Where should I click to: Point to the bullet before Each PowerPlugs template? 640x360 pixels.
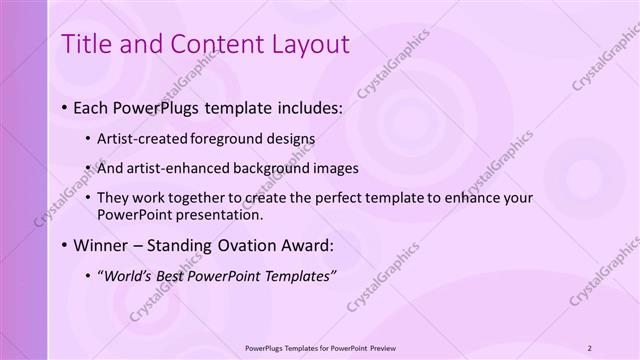(65, 107)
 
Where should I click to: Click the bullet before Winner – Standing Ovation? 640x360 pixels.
(65, 245)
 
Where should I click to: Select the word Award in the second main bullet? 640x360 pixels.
(299, 245)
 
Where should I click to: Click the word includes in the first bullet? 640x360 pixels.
(282, 107)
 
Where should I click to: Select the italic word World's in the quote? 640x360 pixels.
(136, 275)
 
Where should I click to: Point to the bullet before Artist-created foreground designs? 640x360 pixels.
(88, 139)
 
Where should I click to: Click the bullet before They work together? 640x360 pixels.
(88, 198)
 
